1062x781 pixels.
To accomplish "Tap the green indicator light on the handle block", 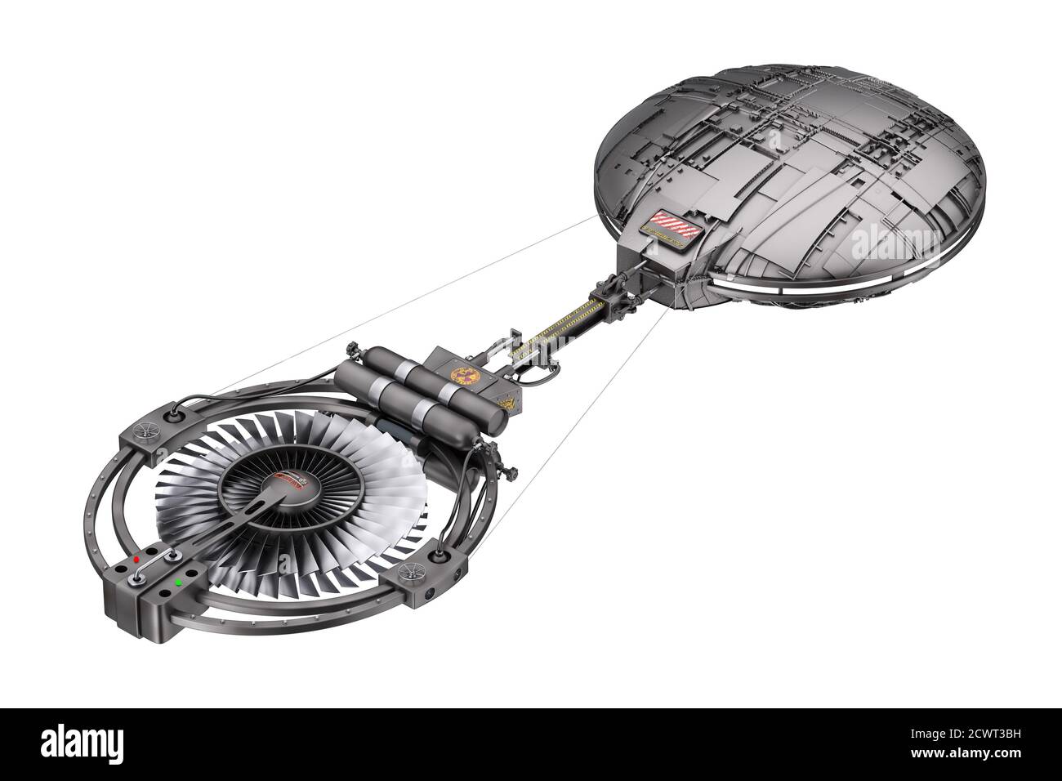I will tap(178, 583).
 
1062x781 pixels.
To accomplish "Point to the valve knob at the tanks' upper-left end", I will tap(352, 350).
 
